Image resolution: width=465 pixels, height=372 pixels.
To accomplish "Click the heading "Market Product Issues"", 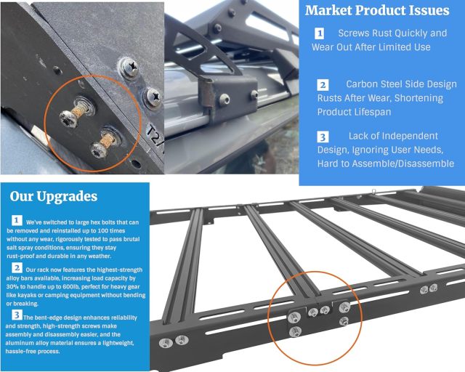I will (377, 11).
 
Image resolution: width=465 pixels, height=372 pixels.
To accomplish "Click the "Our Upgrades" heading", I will (53, 197).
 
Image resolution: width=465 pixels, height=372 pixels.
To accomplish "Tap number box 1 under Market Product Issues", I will (320, 34).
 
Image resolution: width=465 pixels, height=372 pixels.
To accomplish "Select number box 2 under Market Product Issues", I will (323, 85).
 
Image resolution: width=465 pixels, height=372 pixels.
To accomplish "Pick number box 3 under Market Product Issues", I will (323, 137).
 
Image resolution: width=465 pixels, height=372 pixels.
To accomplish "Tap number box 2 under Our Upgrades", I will (16, 268).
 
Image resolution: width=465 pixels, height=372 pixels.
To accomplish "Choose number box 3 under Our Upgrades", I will (16, 316).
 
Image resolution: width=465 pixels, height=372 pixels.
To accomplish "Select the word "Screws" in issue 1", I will (356, 33).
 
